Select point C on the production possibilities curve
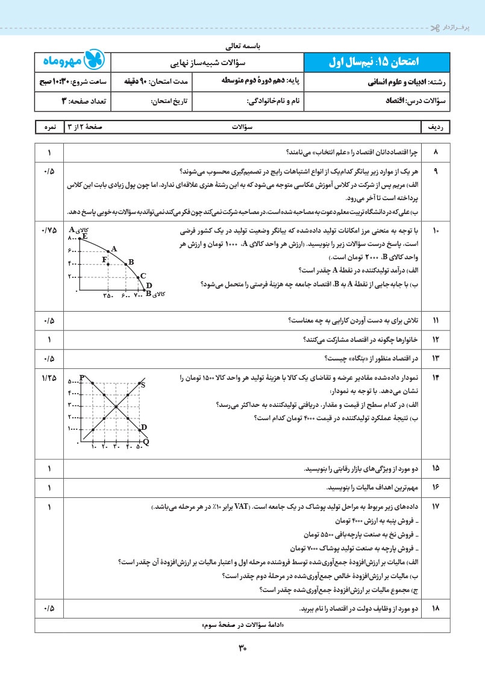tap(140, 277)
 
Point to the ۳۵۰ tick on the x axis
tap(108, 295)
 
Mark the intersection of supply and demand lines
tap(115, 404)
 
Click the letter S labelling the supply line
tap(143, 385)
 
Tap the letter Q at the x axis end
tap(146, 442)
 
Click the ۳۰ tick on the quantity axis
tap(116, 447)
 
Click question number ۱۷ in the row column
tap(436, 508)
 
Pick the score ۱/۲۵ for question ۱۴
tap(49, 377)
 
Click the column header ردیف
tap(436, 128)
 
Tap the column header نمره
tap(49, 128)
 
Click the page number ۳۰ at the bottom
tap(243, 649)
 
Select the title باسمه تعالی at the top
tap(242, 45)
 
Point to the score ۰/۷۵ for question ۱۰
tap(49, 231)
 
